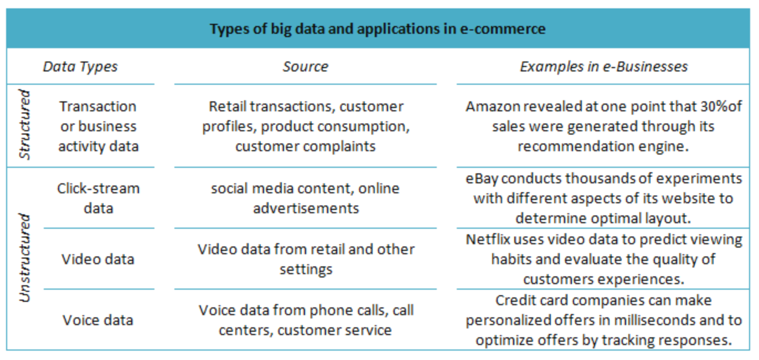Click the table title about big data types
[377, 29]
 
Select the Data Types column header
[80, 67]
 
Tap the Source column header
[305, 67]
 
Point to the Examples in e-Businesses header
[603, 67]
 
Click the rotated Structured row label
[24, 125]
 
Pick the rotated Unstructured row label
[24, 258]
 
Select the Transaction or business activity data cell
[98, 126]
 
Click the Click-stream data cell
[98, 198]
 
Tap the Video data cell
[98, 259]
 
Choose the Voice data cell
[98, 320]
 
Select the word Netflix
[487, 239]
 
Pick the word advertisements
[306, 208]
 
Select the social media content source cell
[306, 198]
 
